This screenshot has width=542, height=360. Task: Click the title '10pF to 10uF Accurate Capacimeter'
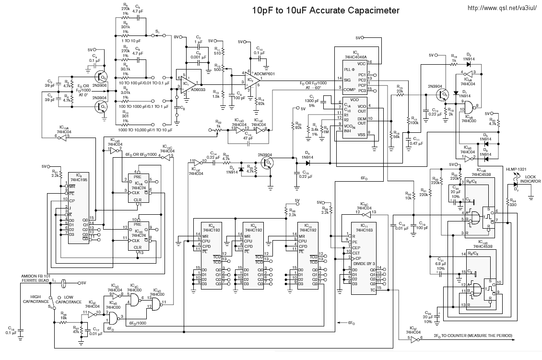[x=326, y=10]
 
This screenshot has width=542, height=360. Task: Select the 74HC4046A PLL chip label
[x=355, y=57]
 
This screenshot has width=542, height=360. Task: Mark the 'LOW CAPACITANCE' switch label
[x=70, y=300]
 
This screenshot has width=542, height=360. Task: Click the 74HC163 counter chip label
[x=364, y=231]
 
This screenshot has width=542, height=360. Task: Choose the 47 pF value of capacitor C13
[x=248, y=138]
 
